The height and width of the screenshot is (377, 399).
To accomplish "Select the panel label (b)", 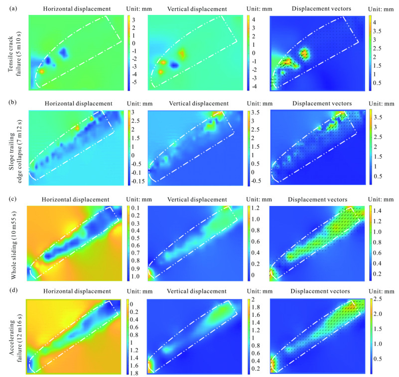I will tap(6, 103).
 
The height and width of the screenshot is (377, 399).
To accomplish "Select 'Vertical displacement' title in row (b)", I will tap(195, 103).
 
